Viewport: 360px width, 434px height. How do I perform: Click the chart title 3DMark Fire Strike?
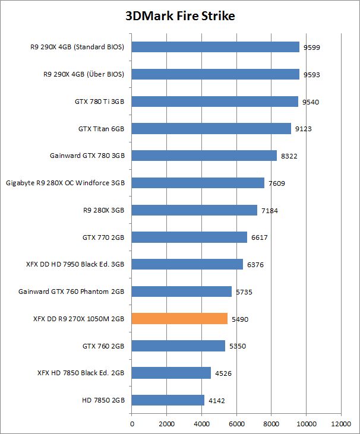coord(180,16)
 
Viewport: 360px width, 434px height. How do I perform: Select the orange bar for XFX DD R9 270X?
coord(179,319)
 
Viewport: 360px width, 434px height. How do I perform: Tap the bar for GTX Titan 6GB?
coord(211,128)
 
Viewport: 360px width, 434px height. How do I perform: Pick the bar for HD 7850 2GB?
coord(168,401)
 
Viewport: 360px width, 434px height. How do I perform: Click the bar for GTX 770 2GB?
coord(189,237)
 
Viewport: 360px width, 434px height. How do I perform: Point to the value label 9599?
coord(311,47)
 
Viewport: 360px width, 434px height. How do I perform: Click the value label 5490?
coord(239,319)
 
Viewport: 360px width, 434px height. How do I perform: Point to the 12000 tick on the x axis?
coord(341,424)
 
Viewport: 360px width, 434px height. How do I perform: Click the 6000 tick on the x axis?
coord(236,424)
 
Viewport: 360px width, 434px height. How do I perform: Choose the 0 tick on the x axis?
coord(132,424)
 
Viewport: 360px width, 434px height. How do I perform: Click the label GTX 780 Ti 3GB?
coord(99,102)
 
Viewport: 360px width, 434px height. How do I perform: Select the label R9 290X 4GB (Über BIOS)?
coord(84,74)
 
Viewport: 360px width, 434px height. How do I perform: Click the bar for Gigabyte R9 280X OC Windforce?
coord(198,183)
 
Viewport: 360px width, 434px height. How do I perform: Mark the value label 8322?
coord(289,156)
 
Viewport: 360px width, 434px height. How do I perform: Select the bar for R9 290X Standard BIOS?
coord(215,47)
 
